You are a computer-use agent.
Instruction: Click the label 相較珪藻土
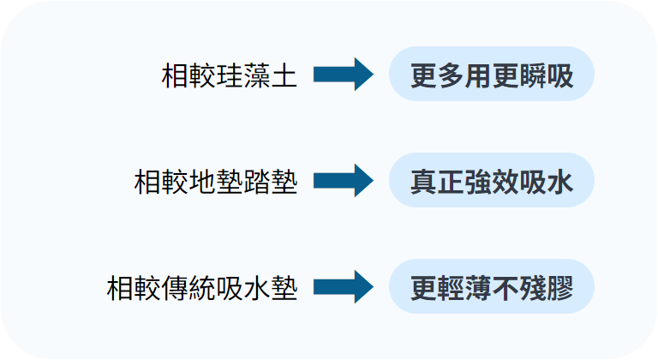tap(229, 75)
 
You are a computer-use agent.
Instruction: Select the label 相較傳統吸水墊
tap(202, 288)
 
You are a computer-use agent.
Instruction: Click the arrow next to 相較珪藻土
tap(343, 75)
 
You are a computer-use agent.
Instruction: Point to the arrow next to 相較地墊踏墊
tap(343, 182)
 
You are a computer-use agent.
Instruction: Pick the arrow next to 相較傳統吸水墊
tap(343, 288)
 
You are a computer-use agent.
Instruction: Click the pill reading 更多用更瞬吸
tap(491, 75)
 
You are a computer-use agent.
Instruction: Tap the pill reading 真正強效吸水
tap(491, 182)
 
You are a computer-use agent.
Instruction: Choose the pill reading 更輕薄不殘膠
tap(491, 288)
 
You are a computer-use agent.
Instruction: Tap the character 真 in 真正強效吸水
tap(422, 182)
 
